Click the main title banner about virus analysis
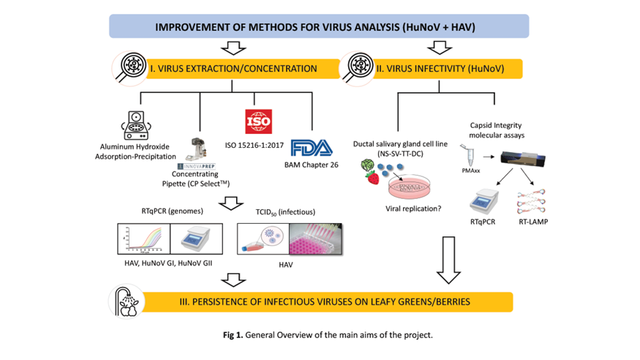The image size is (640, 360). pos(318,27)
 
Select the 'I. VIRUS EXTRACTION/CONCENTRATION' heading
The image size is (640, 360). pos(233,69)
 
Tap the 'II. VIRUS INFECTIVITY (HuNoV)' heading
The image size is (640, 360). pos(449,69)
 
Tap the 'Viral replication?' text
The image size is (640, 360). pos(414,208)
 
